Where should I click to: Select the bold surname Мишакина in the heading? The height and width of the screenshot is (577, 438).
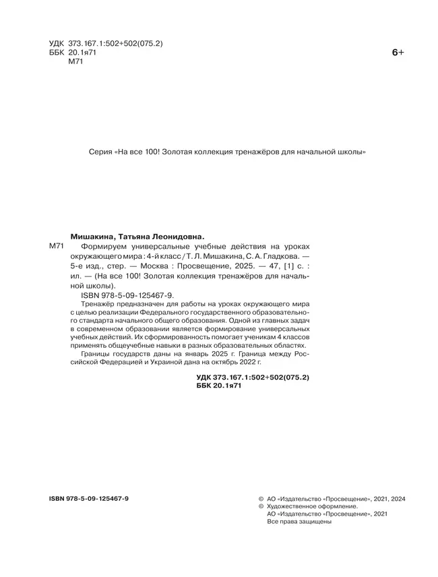(x=93, y=237)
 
